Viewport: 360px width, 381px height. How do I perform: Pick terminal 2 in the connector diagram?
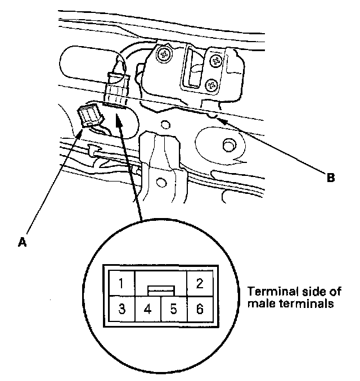(x=199, y=282)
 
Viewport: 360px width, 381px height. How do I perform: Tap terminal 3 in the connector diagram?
(x=121, y=309)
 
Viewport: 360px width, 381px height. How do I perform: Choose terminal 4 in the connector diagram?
(x=147, y=309)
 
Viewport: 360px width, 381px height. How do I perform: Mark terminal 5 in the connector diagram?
(x=173, y=309)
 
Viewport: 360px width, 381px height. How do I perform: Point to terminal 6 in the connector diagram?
(x=199, y=309)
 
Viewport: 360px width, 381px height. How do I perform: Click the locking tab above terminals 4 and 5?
(x=161, y=290)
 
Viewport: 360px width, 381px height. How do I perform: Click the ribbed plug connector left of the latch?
(x=116, y=88)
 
